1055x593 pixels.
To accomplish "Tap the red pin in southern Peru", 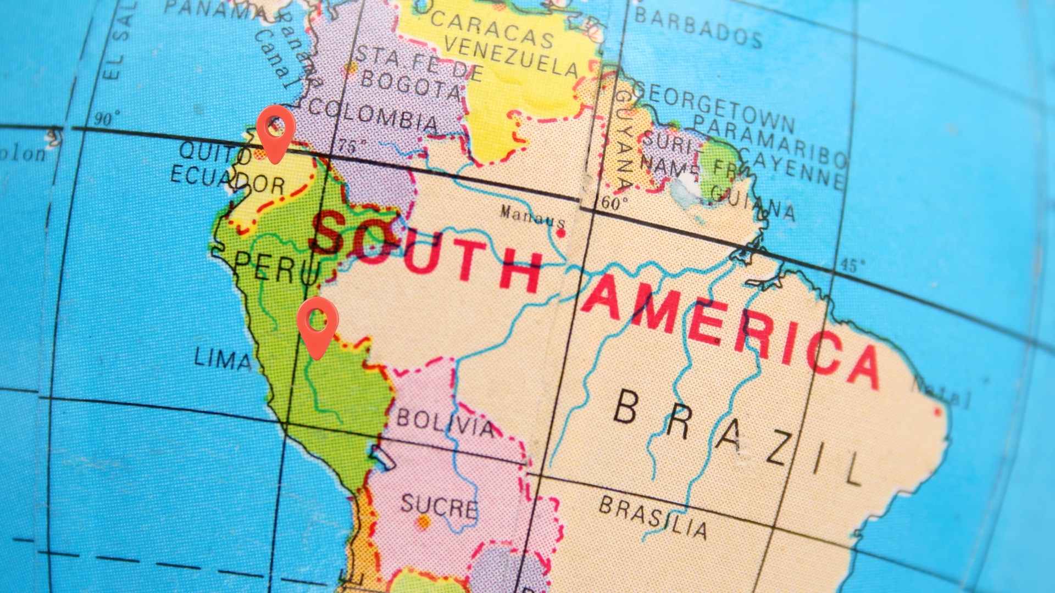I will pos(317,327).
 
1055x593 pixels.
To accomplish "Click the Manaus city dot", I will pos(560,233).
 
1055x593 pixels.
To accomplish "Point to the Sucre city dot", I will pos(423,522).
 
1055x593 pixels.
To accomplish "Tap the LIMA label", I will pos(223,360).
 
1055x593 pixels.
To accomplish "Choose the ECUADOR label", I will pos(227,179).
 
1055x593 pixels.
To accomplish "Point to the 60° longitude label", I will pos(615,204).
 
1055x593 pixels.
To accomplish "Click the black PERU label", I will pos(277,267).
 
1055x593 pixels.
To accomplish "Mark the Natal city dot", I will pos(937,411).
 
